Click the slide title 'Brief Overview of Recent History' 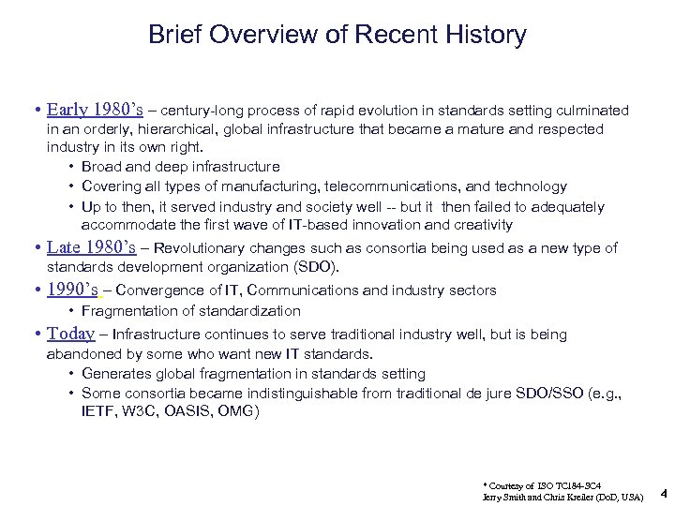[337, 36]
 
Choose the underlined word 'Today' [71, 334]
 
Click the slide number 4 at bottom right [663, 490]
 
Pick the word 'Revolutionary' [196, 248]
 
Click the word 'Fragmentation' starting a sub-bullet [124, 310]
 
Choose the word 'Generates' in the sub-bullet [112, 374]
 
